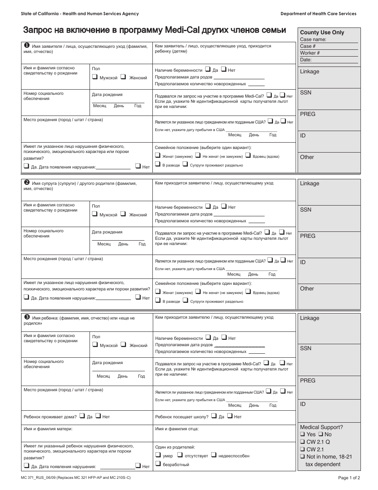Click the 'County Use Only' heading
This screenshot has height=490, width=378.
[x=322, y=33]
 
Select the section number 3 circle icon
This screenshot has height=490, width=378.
[x=27, y=317]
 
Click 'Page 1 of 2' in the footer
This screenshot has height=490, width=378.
[x=349, y=478]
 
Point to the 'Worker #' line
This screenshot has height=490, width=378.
[x=310, y=53]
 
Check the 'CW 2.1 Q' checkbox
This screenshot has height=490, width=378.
[x=302, y=442]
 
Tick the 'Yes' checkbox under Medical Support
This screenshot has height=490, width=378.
[x=302, y=434]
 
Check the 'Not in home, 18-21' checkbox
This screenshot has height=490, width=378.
[x=302, y=457]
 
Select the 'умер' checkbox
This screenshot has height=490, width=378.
[x=158, y=455]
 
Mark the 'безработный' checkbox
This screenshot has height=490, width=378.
[x=158, y=463]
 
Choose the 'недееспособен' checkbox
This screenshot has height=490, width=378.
[x=214, y=455]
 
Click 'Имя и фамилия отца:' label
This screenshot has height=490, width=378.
[x=177, y=429]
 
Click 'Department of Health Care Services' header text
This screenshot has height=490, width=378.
[x=318, y=14]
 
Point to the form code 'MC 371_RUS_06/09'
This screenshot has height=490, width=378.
[x=41, y=477]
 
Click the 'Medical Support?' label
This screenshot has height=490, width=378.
[x=321, y=427]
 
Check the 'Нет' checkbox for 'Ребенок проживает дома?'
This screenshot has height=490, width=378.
[x=98, y=416]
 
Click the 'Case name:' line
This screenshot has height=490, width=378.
[x=313, y=39]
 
